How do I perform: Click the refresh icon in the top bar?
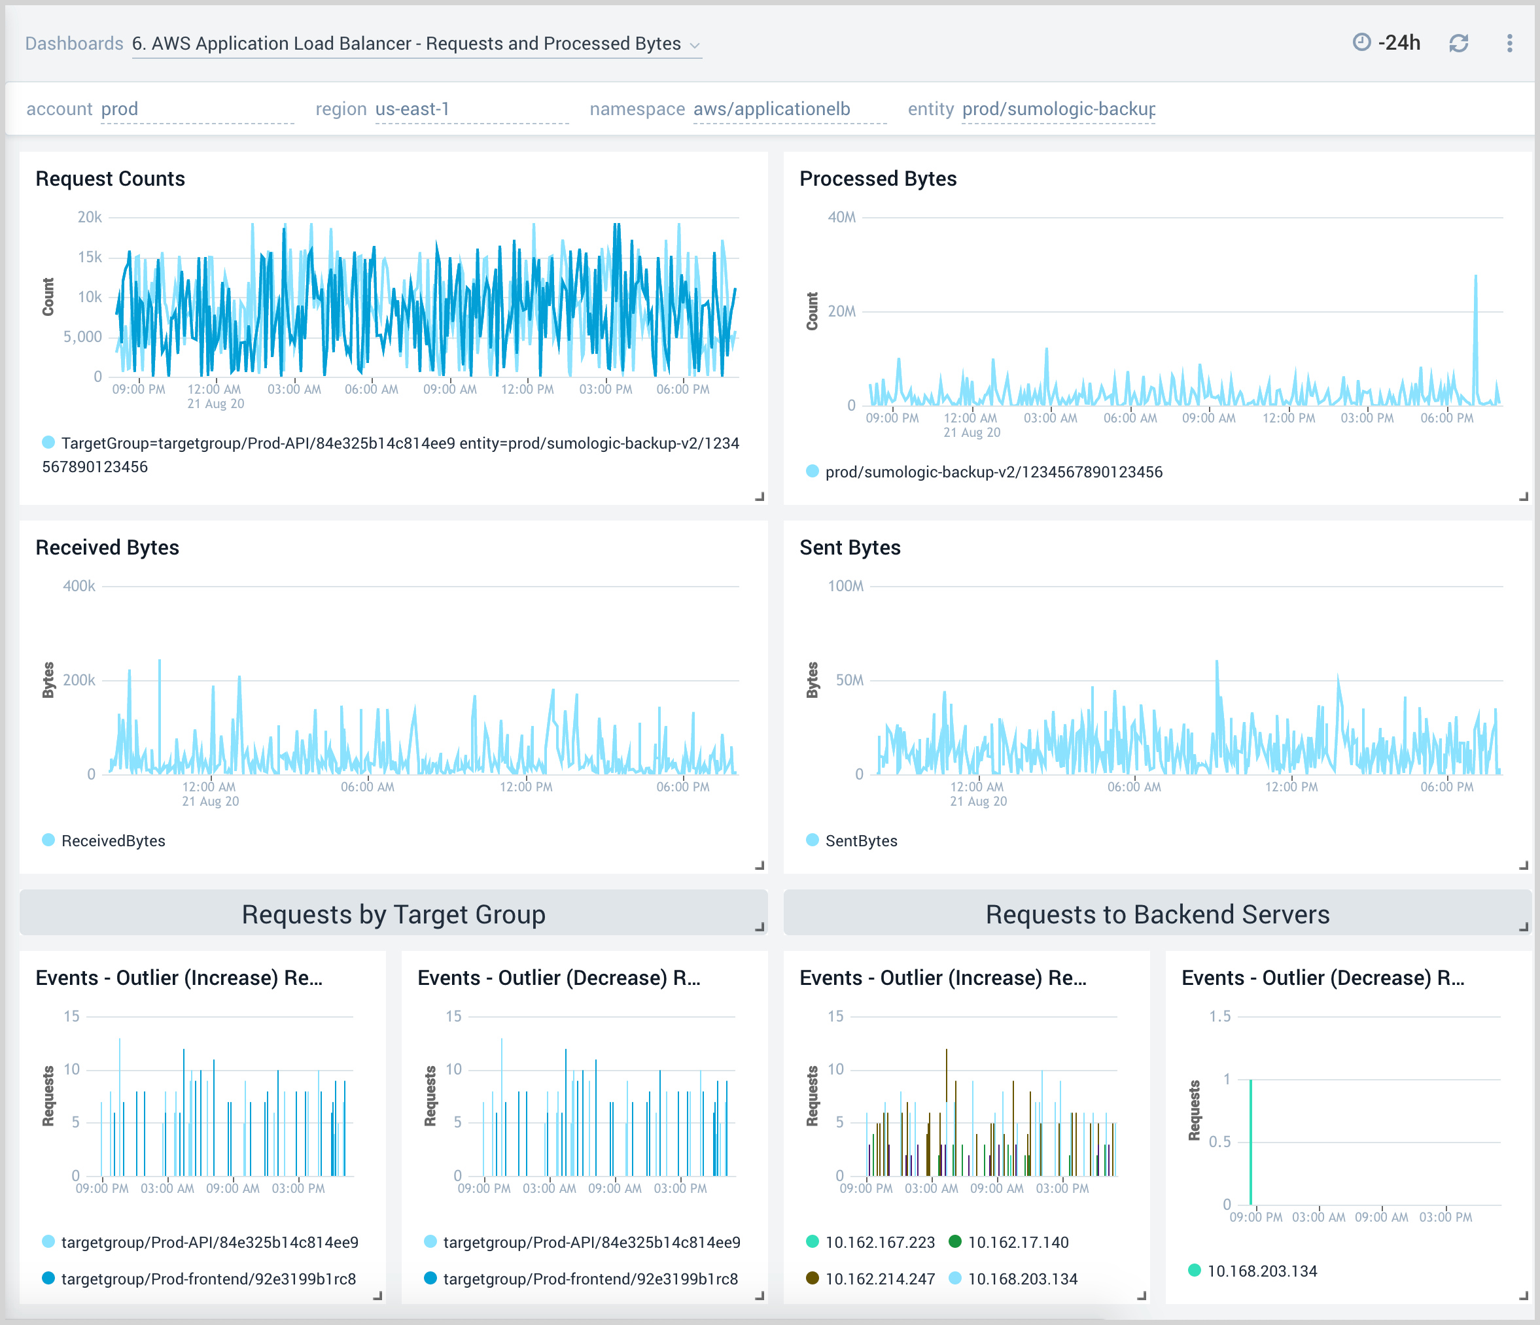1458,43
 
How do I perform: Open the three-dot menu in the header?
1509,43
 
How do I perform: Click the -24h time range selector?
1387,43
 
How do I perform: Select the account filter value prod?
120,109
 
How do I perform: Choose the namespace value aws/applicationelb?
771,109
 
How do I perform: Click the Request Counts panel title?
110,179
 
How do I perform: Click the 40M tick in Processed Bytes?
841,218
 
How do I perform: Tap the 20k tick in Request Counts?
89,218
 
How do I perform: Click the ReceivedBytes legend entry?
113,840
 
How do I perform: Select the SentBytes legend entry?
861,840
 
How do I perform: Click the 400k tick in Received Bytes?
79,587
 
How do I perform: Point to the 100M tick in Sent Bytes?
845,587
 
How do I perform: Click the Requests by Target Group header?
393,914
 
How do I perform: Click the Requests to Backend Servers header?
1157,914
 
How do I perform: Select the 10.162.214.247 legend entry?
879,1279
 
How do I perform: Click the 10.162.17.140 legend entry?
1017,1243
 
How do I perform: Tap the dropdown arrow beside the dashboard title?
695,45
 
